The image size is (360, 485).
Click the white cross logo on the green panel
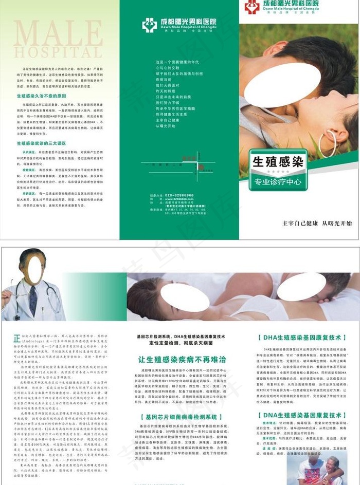click(149, 25)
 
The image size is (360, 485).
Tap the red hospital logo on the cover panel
click(252, 7)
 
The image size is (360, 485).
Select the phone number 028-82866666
click(179, 195)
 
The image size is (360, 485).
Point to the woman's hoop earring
click(328, 144)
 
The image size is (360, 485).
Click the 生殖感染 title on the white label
click(278, 161)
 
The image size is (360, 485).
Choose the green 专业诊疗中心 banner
click(278, 182)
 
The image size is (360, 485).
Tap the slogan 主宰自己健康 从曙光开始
click(317, 223)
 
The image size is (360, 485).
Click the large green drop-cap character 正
click(17, 339)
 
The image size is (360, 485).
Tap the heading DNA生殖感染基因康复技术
click(301, 414)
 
